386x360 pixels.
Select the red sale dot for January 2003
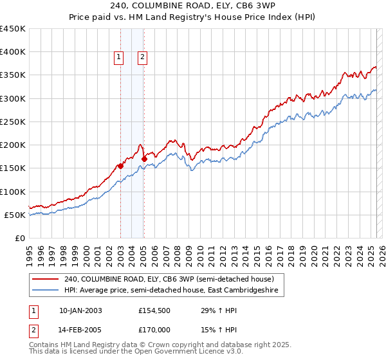(120, 166)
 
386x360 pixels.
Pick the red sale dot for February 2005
(144, 159)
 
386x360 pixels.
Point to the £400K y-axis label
(13, 52)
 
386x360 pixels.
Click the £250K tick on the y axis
(13, 122)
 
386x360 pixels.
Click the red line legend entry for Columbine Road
(169, 279)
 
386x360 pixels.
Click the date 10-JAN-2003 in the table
(80, 310)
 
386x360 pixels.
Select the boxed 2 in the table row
(32, 330)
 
